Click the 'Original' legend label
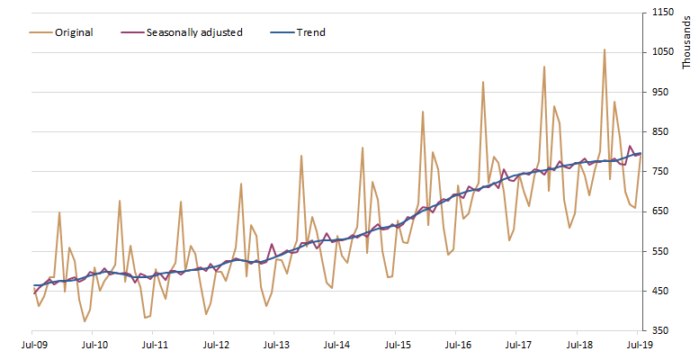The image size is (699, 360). (74, 32)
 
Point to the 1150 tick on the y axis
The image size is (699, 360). (664, 13)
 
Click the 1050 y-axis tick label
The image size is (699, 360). (664, 52)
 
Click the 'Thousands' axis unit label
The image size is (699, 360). (688, 40)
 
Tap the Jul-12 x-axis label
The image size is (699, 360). (216, 344)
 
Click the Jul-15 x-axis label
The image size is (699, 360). (398, 344)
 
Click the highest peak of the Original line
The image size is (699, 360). (605, 49)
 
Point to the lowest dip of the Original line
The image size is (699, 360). (85, 321)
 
